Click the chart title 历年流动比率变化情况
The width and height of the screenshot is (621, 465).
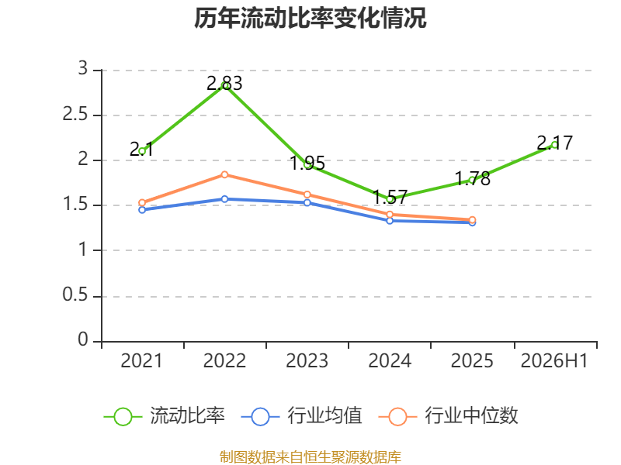(x=310, y=18)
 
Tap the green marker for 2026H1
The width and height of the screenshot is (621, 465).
(x=554, y=145)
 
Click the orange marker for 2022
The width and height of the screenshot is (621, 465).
(x=224, y=174)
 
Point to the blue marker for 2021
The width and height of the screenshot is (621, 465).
(x=142, y=210)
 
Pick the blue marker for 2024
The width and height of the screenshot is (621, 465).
(x=390, y=221)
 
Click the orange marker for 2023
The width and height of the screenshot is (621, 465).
(x=307, y=195)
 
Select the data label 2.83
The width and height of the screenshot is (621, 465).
(x=224, y=84)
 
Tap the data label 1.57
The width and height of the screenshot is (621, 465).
(x=390, y=197)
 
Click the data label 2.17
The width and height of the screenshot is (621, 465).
(x=555, y=143)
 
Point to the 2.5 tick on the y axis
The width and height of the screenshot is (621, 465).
(x=75, y=114)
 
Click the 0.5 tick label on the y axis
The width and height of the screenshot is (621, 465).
(x=75, y=294)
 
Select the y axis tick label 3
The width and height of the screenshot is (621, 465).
(x=83, y=68)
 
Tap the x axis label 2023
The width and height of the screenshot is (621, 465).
(x=307, y=360)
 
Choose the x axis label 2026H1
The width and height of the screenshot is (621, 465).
(x=554, y=360)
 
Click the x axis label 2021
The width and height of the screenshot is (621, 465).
(x=142, y=360)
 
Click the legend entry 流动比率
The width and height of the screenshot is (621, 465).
(x=165, y=416)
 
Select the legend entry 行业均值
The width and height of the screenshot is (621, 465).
(x=301, y=416)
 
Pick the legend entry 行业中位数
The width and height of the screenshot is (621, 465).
(x=449, y=416)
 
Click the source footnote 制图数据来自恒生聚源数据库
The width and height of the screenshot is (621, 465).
(x=310, y=456)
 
